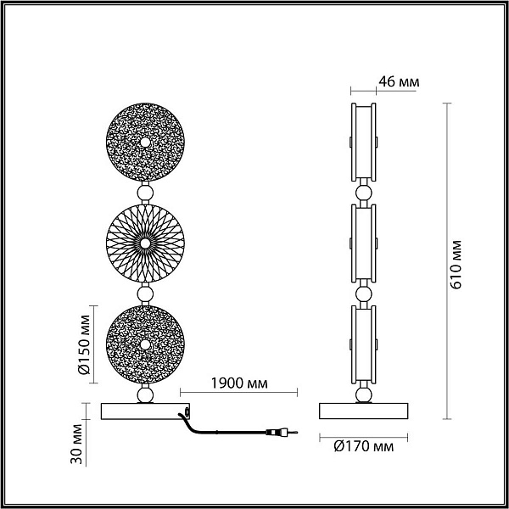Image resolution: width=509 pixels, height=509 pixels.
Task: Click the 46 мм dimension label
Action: pos(399,81)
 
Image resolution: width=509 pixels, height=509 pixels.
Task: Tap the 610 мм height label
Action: pos(456,265)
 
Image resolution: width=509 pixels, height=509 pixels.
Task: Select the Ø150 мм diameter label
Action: pos(85,344)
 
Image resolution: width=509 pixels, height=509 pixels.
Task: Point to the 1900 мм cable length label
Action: pos(239,383)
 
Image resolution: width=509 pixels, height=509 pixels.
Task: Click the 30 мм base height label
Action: pos(77,444)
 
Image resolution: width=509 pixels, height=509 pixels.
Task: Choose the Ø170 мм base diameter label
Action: pos(364,447)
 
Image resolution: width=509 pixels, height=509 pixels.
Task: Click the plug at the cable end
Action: pos(282,432)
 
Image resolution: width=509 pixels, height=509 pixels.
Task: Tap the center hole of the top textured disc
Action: pos(145,143)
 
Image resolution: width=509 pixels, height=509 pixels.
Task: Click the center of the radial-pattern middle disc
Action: pos(145,243)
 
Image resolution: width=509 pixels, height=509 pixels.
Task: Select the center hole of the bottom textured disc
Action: pos(145,344)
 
